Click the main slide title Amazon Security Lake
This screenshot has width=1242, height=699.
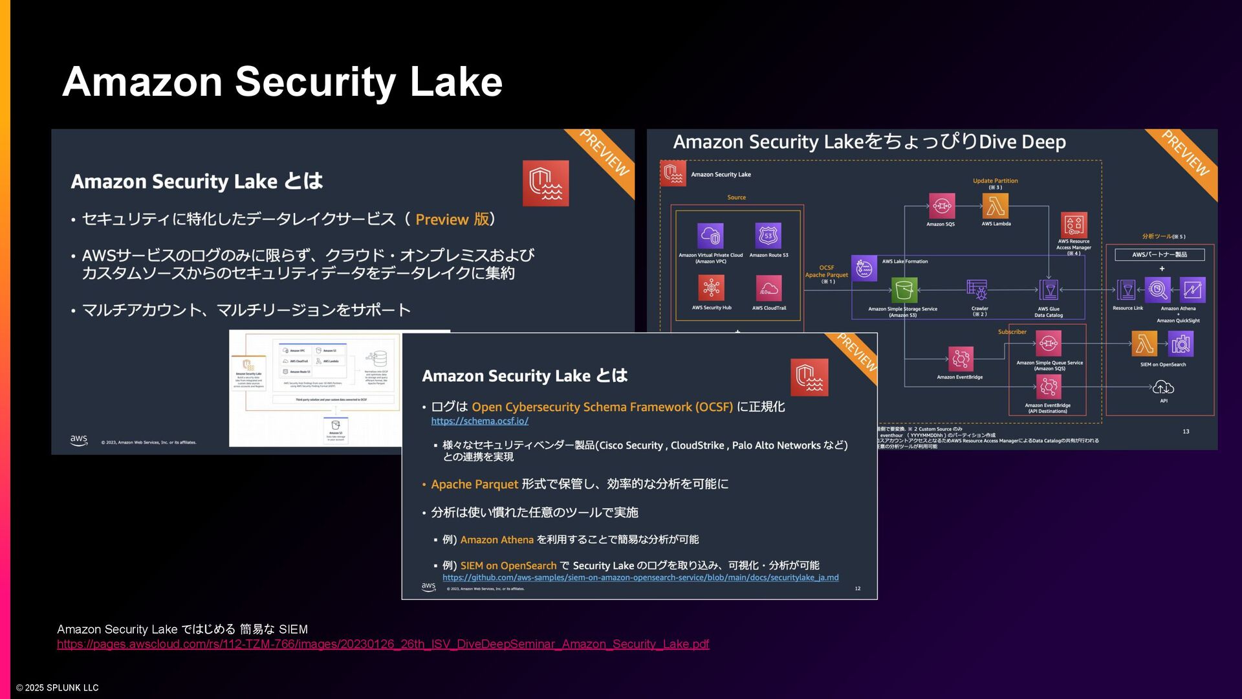pos(282,82)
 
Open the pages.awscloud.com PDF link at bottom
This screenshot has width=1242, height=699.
pos(382,644)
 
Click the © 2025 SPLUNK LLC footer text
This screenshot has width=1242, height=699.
pos(58,687)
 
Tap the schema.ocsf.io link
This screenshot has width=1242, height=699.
pos(479,421)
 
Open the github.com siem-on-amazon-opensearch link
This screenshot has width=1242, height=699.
pos(640,577)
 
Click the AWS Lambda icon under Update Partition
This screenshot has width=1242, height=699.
pos(996,206)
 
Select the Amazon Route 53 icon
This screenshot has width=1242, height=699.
pos(768,236)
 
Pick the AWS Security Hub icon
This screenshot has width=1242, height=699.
pos(711,288)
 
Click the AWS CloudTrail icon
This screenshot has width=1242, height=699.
pos(768,288)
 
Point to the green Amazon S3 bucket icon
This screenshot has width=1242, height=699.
pos(904,291)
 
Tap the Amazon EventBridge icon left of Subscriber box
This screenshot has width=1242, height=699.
pos(961,359)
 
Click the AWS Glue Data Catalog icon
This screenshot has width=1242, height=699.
pos(1049,290)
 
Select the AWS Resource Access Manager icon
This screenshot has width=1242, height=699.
pos(1073,225)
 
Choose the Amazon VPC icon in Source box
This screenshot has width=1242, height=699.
pos(710,236)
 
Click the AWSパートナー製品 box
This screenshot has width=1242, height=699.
pos(1159,254)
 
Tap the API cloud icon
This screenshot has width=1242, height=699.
pos(1163,388)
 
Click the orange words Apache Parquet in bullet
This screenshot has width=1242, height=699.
pos(474,484)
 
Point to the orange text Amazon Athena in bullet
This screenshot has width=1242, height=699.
pos(497,540)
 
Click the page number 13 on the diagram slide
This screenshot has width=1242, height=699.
pos(1186,431)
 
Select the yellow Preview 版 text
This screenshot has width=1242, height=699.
pos(452,219)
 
